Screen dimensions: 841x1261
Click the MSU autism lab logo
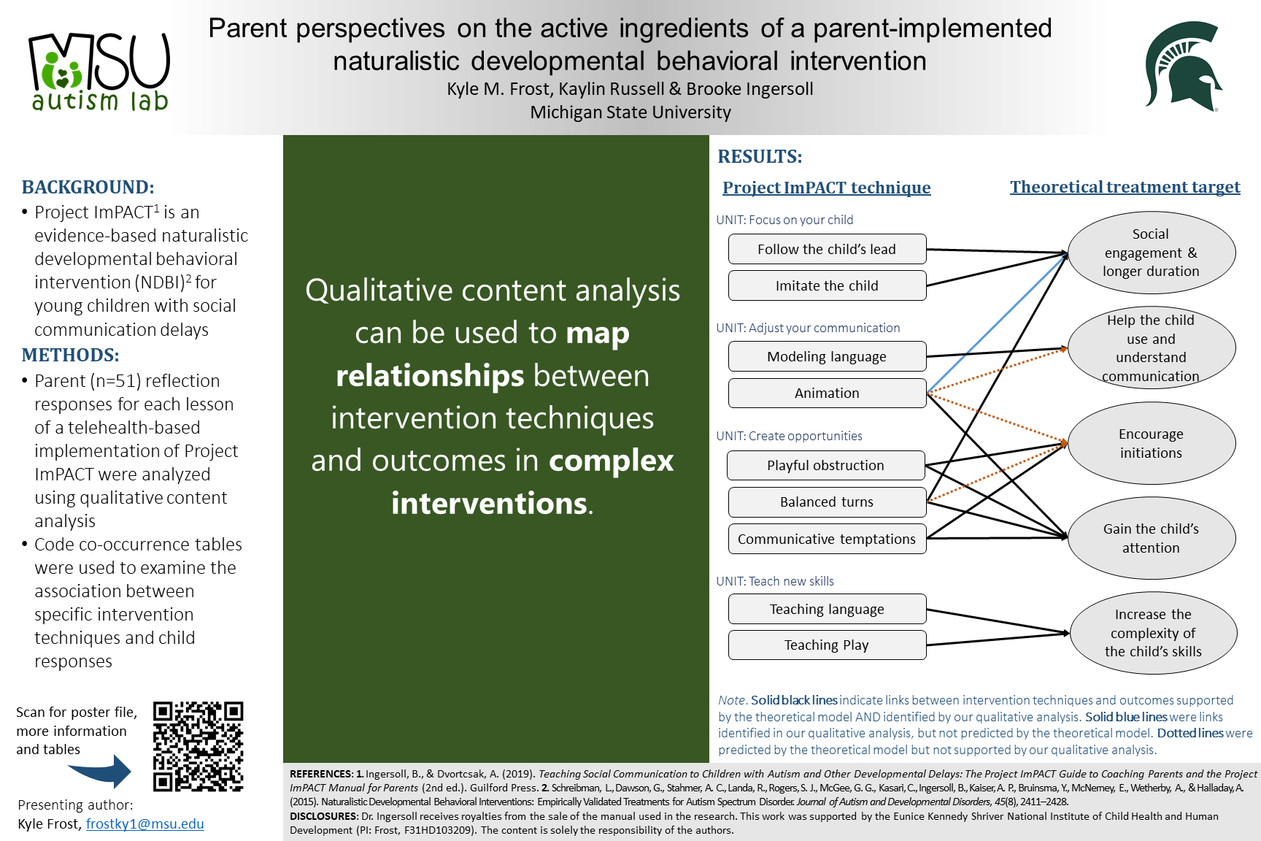pyautogui.click(x=99, y=72)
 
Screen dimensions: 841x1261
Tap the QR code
pyautogui.click(x=198, y=746)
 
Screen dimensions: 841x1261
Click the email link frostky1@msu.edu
pyautogui.click(x=144, y=823)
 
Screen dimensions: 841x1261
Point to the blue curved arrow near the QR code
pyautogui.click(x=102, y=771)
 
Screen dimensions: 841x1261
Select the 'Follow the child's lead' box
pyautogui.click(x=826, y=249)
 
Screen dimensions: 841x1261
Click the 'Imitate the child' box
pyautogui.click(x=826, y=285)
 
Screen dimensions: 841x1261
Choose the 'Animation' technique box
pyautogui.click(x=826, y=393)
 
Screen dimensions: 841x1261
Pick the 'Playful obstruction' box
pyautogui.click(x=825, y=465)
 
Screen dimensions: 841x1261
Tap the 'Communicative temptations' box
pyautogui.click(x=826, y=539)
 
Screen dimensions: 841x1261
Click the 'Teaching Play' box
pyautogui.click(x=826, y=645)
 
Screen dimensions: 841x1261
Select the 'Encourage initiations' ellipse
pyautogui.click(x=1151, y=443)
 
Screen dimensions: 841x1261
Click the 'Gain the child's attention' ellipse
pyautogui.click(x=1151, y=538)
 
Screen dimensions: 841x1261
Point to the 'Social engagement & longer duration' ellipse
pyautogui.click(x=1151, y=253)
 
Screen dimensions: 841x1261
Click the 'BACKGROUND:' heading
pyautogui.click(x=88, y=187)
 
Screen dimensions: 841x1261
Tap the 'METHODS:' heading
pyautogui.click(x=70, y=355)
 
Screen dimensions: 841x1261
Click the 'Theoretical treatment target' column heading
pyautogui.click(x=1125, y=187)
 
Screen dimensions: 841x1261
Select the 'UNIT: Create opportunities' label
pyautogui.click(x=789, y=436)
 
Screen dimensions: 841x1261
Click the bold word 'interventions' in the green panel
pyautogui.click(x=489, y=503)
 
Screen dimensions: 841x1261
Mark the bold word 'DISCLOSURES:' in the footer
pyautogui.click(x=323, y=816)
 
